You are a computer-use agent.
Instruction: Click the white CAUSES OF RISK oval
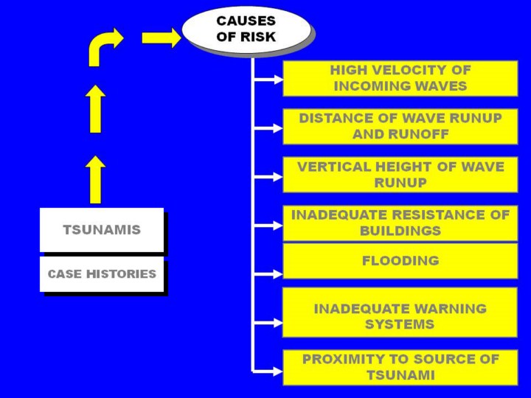point(246,29)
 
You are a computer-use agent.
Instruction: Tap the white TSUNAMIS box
point(102,230)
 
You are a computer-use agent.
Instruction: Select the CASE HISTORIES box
point(102,273)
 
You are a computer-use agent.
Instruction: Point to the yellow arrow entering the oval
point(162,38)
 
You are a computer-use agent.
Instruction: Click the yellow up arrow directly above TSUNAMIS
point(95,180)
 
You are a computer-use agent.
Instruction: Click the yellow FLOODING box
point(400,261)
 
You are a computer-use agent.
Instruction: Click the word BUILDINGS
point(400,231)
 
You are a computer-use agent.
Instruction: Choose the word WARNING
point(451,309)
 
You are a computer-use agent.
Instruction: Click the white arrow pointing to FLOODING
point(268,274)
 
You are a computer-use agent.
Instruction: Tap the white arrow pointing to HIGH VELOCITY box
point(268,80)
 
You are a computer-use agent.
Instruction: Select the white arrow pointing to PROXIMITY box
point(268,371)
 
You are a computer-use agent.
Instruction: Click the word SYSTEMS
point(400,324)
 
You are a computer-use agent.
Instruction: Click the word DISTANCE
point(339,118)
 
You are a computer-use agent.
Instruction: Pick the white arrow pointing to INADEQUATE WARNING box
point(268,323)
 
